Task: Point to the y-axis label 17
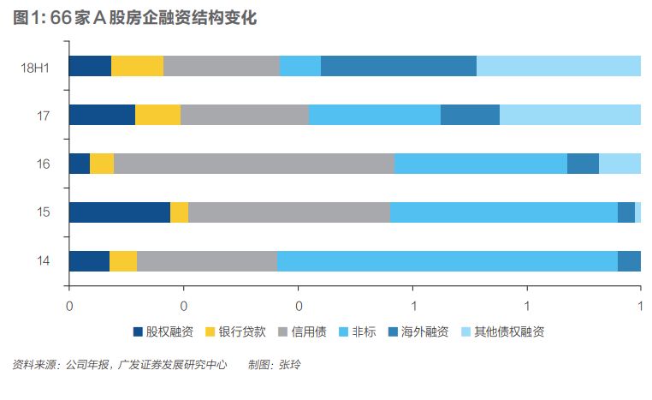point(43,115)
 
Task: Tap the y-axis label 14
point(43,261)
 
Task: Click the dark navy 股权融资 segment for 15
point(119,212)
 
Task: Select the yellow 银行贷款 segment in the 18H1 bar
point(137,66)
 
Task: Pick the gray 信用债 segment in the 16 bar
point(253,164)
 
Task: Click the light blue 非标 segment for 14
point(447,261)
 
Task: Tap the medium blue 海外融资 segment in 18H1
point(398,66)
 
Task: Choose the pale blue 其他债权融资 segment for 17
point(570,115)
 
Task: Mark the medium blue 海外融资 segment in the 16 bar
point(583,164)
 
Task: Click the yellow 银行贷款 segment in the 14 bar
point(123,261)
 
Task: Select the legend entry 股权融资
point(163,331)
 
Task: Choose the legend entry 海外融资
point(418,331)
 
